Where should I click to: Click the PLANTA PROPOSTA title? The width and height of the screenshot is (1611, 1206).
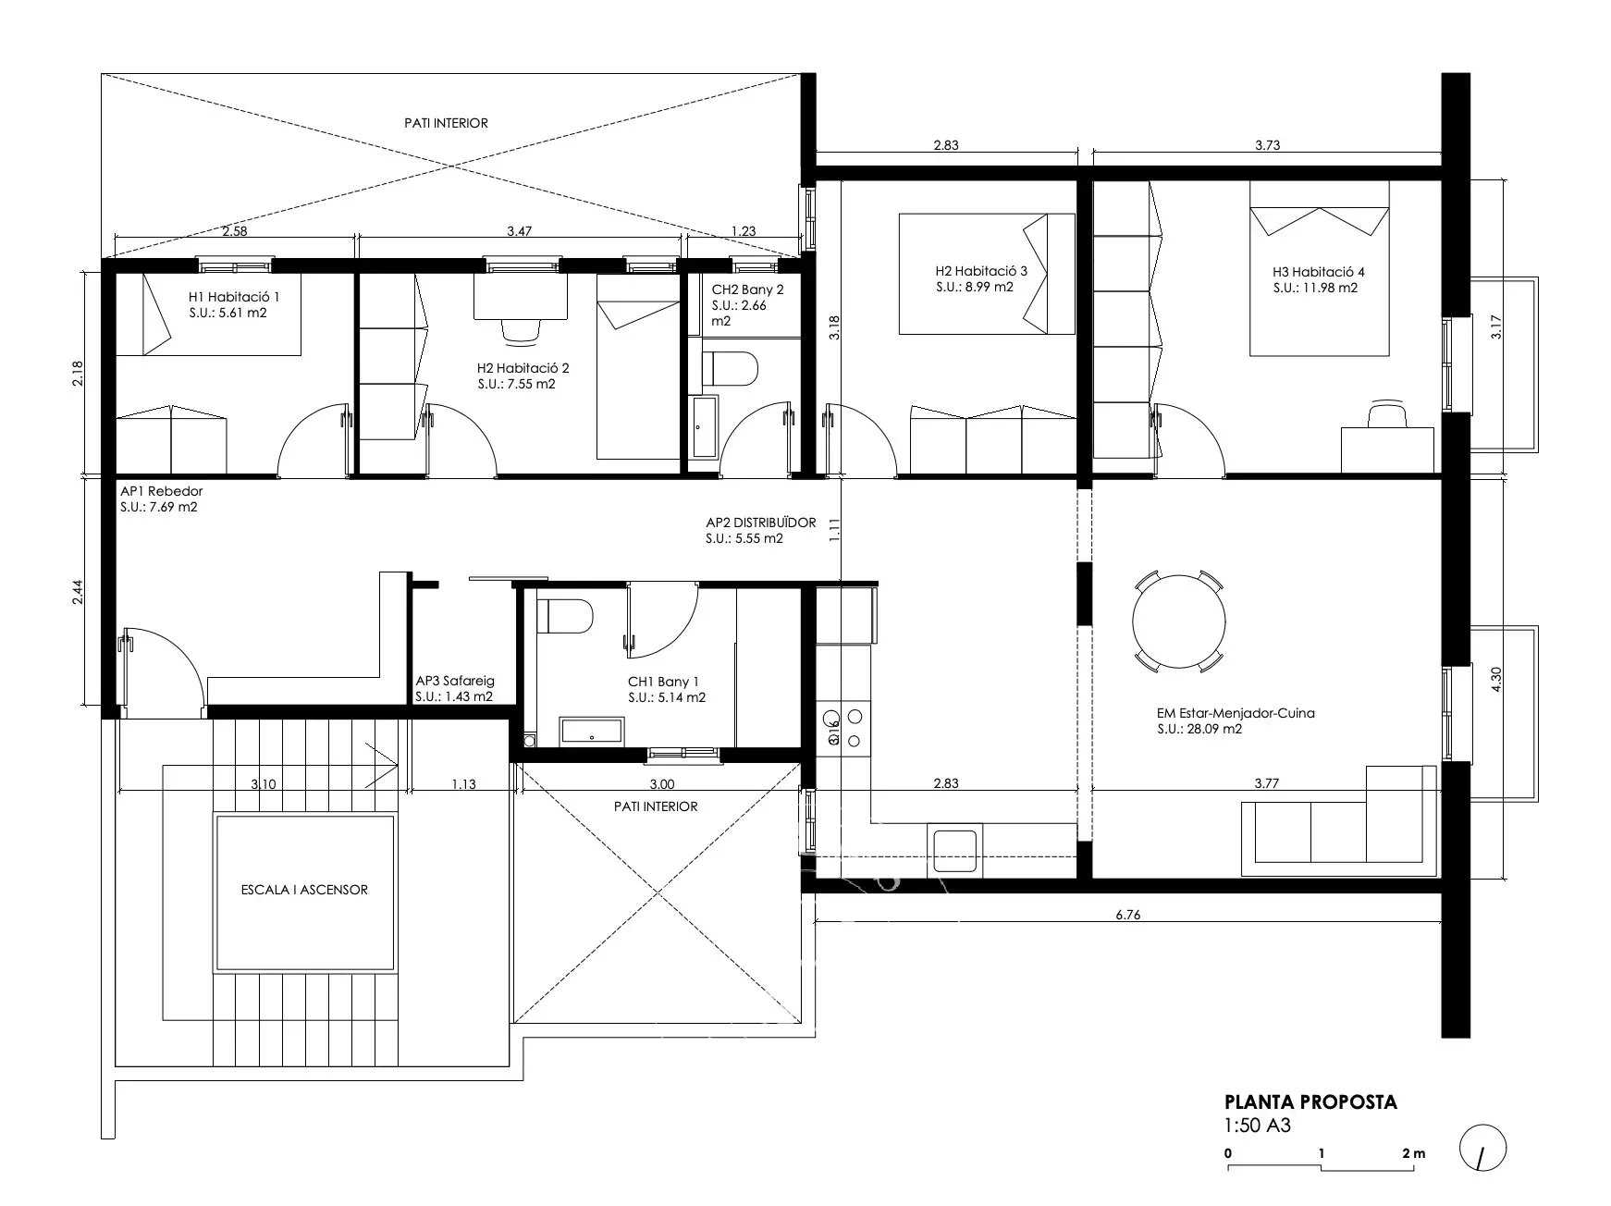coord(1310,1101)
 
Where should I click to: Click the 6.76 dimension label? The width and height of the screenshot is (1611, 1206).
coord(1127,915)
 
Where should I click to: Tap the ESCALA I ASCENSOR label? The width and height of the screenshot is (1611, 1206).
coord(304,890)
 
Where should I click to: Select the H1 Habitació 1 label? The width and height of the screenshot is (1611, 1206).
coord(233,297)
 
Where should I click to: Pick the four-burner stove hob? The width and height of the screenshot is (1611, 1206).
coord(844,726)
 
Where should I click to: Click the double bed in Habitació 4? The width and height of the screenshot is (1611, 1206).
coord(1319,268)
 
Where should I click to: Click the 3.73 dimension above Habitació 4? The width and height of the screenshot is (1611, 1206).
coord(1267,144)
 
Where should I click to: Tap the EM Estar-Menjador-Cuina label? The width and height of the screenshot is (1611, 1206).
coord(1235,713)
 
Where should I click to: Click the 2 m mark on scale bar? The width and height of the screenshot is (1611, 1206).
coord(1413,1153)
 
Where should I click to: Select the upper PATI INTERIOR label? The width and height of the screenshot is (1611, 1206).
coord(446,123)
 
